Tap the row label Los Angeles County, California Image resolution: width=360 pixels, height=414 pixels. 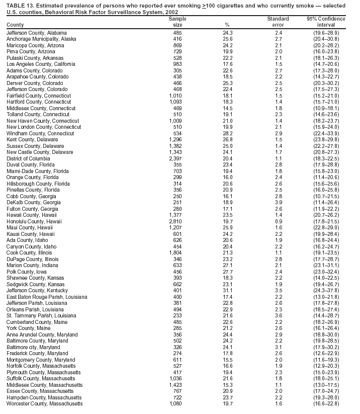tap(41, 64)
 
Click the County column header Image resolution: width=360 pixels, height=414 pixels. tap(15, 25)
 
